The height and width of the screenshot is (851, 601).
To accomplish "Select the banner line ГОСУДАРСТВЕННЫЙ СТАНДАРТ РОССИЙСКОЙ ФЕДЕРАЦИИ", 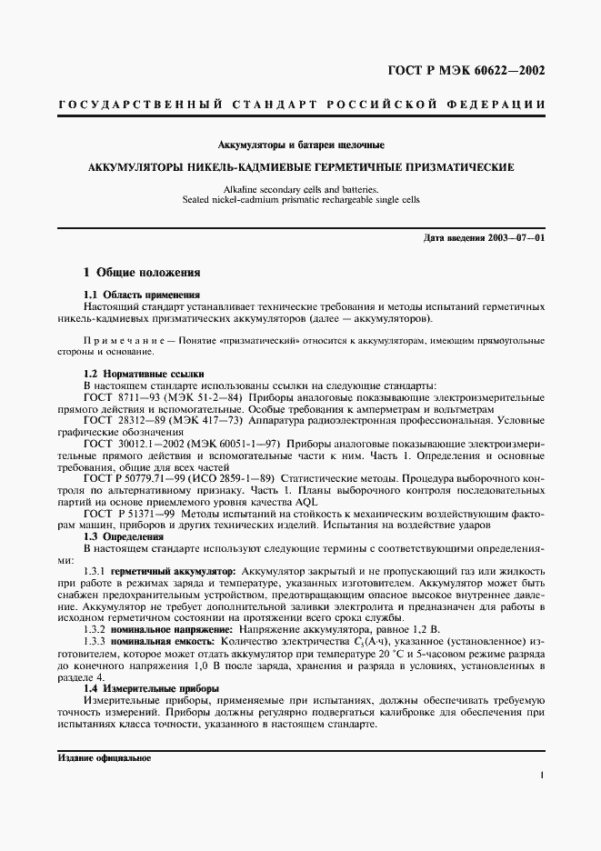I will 301,105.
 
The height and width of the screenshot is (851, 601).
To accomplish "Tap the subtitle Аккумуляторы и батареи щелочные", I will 301,145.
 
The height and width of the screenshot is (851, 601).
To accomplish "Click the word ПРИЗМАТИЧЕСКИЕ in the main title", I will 464,167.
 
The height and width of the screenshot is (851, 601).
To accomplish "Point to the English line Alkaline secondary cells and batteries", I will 301,188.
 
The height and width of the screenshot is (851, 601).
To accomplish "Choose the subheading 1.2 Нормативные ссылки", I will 144,374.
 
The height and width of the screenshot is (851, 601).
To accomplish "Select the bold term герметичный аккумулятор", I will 174,570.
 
